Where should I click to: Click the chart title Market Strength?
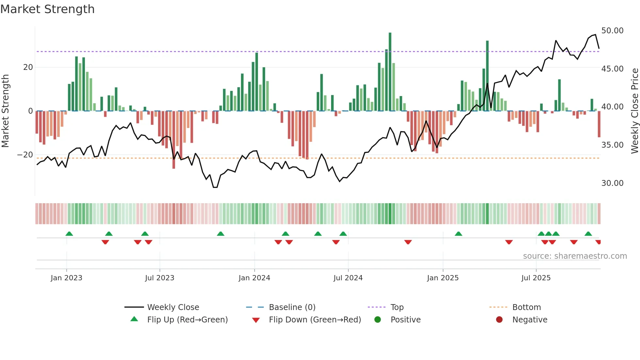point(48,9)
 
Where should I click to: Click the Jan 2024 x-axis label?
point(254,278)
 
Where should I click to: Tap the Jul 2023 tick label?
point(160,278)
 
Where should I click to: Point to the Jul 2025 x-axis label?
point(536,278)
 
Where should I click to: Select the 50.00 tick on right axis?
point(612,31)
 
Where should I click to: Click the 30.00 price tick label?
point(612,183)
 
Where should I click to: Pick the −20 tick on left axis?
point(25,155)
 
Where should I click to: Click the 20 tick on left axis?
point(28,67)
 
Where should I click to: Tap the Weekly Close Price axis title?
point(634,111)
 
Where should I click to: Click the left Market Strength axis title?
point(6,111)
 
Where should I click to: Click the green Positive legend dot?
point(378,320)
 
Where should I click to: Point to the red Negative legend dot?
point(499,320)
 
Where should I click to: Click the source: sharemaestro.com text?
point(575,256)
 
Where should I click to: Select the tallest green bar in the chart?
point(390,72)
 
